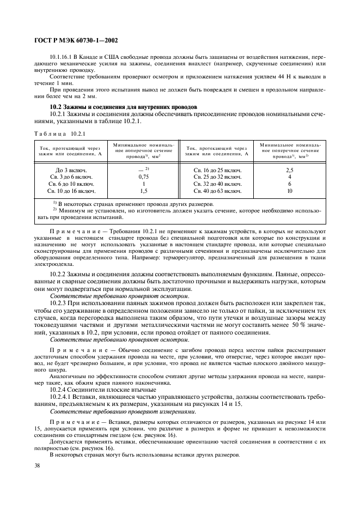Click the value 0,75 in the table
click(x=144, y=177)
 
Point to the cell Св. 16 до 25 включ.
click(x=217, y=170)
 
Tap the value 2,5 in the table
click(x=290, y=170)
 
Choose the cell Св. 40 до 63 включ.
click(x=217, y=191)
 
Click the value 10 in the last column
click(x=290, y=191)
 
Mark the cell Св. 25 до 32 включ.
click(x=217, y=177)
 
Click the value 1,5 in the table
click(x=144, y=191)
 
